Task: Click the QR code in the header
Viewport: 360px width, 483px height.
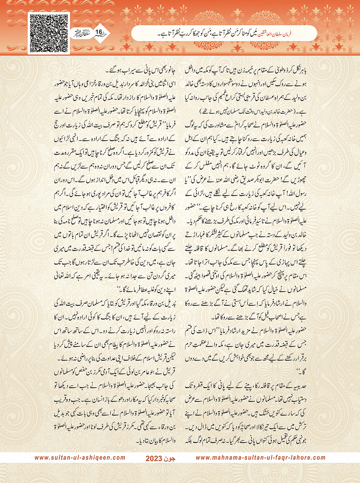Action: tap(49, 33)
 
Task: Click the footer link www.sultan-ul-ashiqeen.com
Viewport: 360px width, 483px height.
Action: tap(80, 458)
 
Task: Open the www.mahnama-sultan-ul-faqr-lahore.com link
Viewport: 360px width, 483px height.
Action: tap(260, 458)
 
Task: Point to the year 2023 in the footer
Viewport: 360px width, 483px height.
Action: tap(154, 458)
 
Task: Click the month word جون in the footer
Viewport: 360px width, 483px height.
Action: tap(170, 458)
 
